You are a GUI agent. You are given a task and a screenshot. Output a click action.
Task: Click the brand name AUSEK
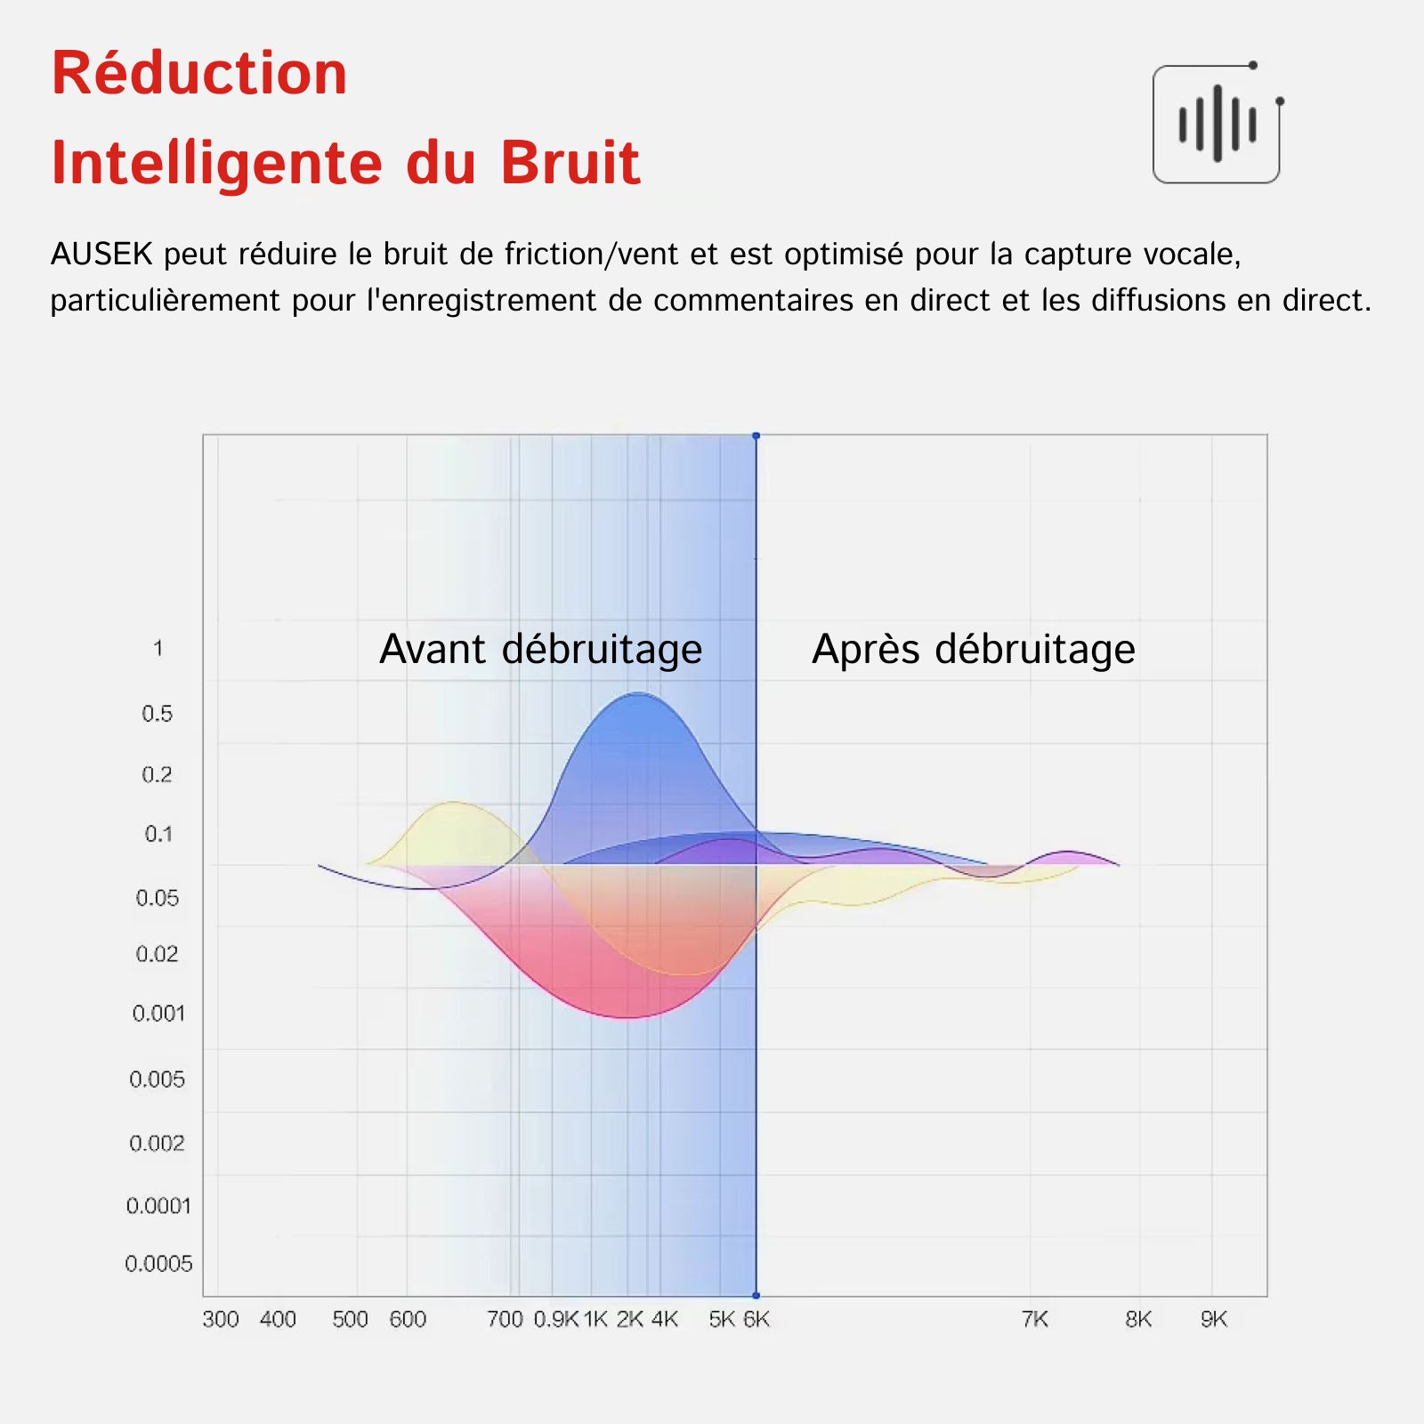pos(101,255)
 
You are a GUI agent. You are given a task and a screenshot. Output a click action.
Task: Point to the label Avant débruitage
pos(541,650)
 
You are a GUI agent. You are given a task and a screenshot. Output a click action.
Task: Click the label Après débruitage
pos(974,650)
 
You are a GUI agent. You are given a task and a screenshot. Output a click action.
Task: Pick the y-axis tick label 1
pos(158,648)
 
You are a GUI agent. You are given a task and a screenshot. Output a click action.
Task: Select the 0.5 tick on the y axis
pos(157,714)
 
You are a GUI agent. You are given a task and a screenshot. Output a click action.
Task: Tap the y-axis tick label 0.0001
pos(158,1206)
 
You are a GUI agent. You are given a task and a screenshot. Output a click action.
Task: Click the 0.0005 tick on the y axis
pos(158,1264)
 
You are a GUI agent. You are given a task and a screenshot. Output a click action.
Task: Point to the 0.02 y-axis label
pos(157,954)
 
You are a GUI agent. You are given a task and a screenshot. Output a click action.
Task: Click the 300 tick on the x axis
pos(221,1319)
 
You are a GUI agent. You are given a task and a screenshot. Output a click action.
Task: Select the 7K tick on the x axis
pos(1035,1319)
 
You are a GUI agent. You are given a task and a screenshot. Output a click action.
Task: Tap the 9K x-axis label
pos(1214,1319)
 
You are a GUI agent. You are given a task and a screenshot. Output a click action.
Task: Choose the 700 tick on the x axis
pos(505,1319)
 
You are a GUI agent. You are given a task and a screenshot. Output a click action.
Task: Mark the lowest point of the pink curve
pos(628,1017)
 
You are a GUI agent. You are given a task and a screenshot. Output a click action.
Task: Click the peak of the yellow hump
pos(454,803)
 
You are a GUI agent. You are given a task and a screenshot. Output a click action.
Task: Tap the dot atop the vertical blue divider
pos(756,436)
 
